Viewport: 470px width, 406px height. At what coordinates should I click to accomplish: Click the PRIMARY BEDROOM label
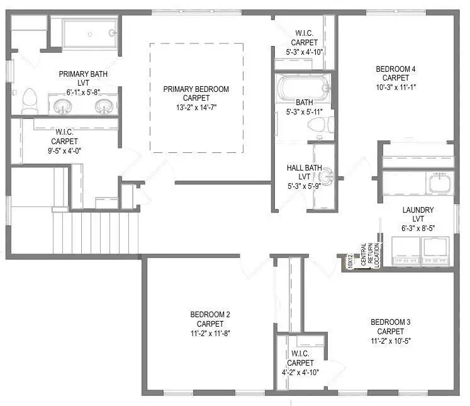point(196,89)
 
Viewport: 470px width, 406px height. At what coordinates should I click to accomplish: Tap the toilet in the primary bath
point(30,101)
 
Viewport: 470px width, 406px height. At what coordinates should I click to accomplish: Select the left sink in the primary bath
point(63,106)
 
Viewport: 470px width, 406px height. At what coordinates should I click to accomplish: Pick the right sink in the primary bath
point(104,106)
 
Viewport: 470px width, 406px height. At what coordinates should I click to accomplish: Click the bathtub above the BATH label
point(304,87)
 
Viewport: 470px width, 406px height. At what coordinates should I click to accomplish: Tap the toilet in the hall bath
point(321,125)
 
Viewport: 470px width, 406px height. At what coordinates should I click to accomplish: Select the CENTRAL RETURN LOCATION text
point(370,255)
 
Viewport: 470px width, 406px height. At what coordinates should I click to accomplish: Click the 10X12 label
point(350,261)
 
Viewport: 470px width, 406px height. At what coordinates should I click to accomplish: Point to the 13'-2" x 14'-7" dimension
point(196,108)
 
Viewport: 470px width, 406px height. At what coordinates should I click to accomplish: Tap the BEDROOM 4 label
point(396,69)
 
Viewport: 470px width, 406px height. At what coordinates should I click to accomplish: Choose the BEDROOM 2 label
point(210,315)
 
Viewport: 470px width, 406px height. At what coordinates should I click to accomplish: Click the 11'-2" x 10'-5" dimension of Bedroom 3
point(391,341)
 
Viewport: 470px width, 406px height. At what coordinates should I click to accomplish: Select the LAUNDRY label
point(418,210)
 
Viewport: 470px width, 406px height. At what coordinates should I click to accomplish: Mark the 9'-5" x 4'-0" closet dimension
point(64,151)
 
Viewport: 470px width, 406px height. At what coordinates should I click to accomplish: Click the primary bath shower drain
point(89,34)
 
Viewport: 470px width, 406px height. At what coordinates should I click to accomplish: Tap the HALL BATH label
point(305,168)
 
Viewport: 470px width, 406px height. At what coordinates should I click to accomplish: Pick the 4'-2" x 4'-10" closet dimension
point(300,373)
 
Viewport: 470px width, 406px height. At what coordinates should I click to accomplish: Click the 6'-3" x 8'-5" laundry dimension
point(418,228)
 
